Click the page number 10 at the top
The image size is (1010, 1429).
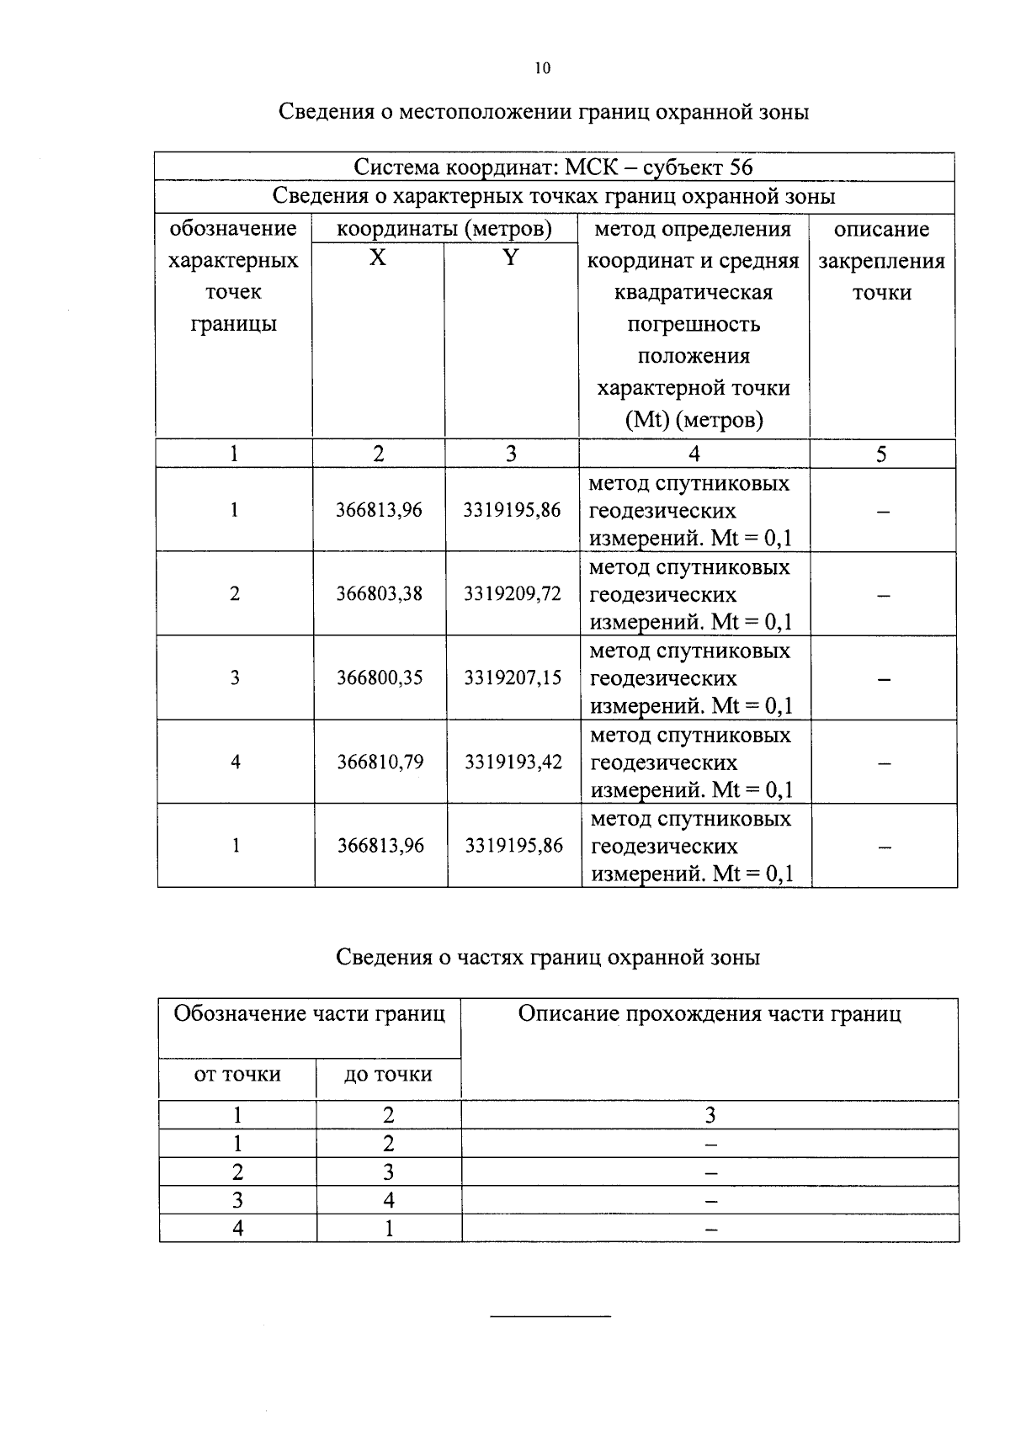(x=541, y=69)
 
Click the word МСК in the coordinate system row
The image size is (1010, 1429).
(x=593, y=167)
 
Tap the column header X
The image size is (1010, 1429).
(x=378, y=258)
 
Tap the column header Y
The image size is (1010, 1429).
(x=510, y=258)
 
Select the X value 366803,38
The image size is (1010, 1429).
(x=380, y=594)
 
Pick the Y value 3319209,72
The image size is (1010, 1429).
(x=512, y=594)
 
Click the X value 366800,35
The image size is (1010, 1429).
(x=380, y=678)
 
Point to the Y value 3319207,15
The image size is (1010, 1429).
(x=512, y=678)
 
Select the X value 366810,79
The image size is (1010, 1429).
(x=380, y=762)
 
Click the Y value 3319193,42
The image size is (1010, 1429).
(x=513, y=762)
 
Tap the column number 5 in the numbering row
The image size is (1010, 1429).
(x=881, y=454)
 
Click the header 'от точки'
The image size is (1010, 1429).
(x=237, y=1075)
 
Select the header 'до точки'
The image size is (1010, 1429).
(x=388, y=1075)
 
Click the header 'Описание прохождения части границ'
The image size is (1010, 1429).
(x=709, y=1014)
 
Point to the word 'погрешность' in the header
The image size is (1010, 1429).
(x=694, y=325)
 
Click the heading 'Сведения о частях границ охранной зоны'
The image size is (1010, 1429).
(x=548, y=958)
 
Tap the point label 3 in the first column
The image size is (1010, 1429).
(x=235, y=678)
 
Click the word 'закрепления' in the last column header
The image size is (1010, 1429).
(x=881, y=262)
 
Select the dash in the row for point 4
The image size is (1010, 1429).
(x=884, y=763)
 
